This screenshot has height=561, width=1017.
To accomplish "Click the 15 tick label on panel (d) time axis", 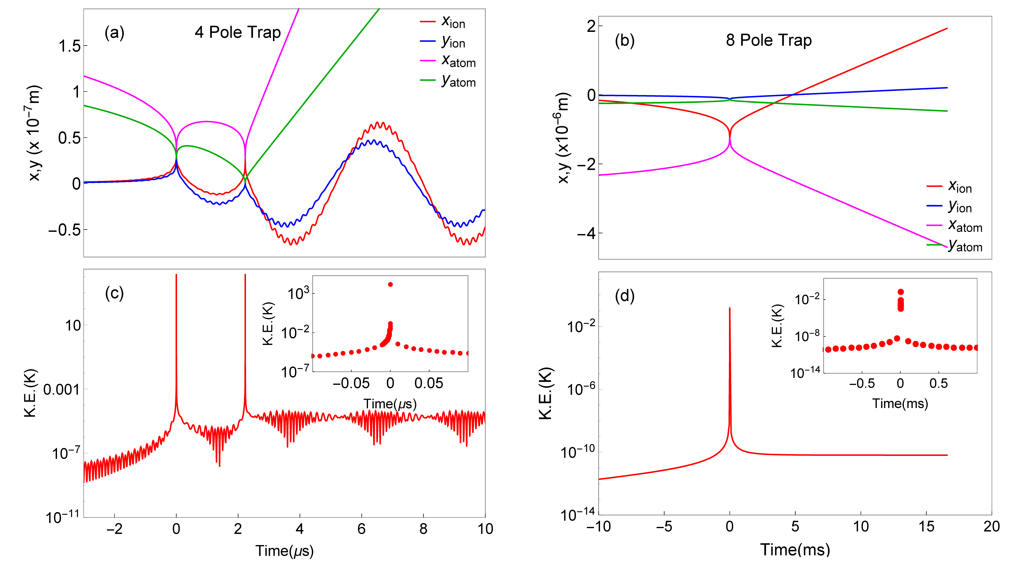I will click(x=926, y=526).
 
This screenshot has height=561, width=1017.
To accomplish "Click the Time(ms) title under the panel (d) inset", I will click(x=900, y=403).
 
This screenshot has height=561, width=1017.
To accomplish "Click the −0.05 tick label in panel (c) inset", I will click(x=351, y=383).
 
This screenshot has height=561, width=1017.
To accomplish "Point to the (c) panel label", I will click(x=114, y=293).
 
